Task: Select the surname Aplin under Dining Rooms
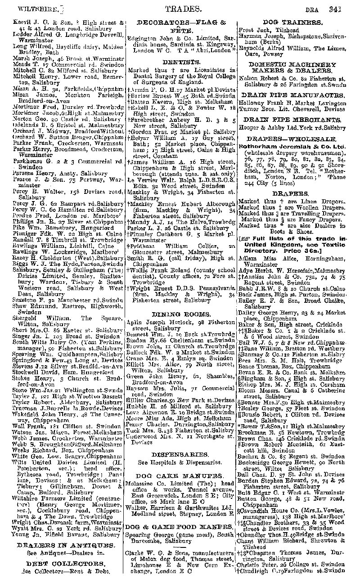[x=134, y=324]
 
